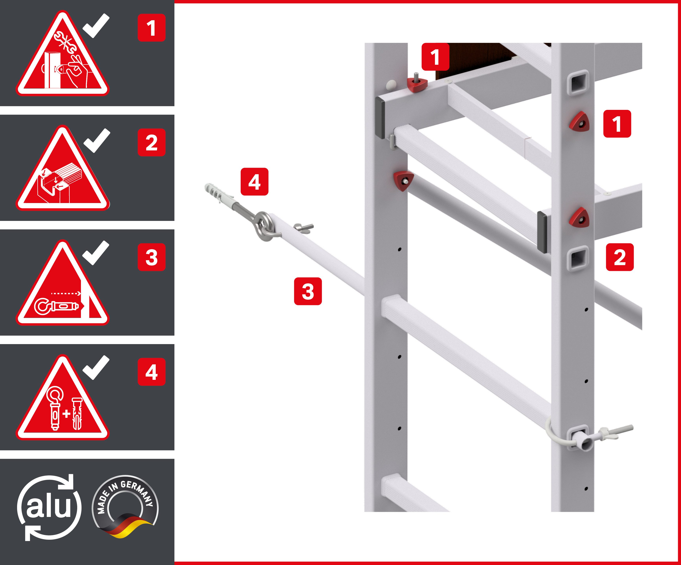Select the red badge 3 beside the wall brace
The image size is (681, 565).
pyautogui.click(x=308, y=291)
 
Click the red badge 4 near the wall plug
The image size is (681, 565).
pyautogui.click(x=254, y=182)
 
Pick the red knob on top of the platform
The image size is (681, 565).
pyautogui.click(x=417, y=85)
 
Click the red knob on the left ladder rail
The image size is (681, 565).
pyautogui.click(x=403, y=180)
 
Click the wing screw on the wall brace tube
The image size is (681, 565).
pyautogui.click(x=303, y=227)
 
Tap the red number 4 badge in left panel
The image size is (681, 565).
pyautogui.click(x=151, y=372)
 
